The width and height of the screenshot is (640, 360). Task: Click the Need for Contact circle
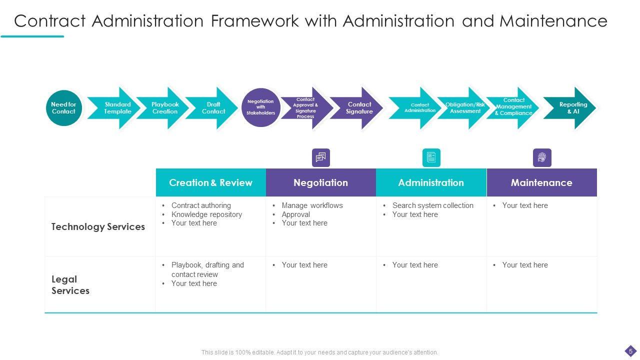coord(63,108)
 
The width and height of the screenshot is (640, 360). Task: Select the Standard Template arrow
coord(117,108)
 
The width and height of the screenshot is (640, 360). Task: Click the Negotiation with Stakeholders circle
coord(260,107)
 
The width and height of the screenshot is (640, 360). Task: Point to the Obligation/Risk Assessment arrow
coord(465,108)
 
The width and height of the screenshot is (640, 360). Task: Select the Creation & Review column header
coord(210,182)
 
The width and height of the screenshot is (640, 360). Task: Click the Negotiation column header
coord(320,182)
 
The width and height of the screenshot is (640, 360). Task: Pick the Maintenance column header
coord(541,182)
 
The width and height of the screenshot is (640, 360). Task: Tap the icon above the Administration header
coord(431,158)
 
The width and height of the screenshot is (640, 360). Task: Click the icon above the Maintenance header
coord(542,158)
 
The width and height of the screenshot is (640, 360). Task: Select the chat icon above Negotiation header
coord(320,158)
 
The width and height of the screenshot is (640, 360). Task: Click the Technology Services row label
coord(98,226)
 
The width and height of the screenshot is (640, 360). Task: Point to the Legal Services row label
coord(70,285)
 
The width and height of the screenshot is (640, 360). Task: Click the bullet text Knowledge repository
coord(206,214)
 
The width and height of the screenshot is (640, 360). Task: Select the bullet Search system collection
coord(432,205)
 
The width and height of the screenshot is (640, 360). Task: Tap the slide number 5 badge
coord(630,350)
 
